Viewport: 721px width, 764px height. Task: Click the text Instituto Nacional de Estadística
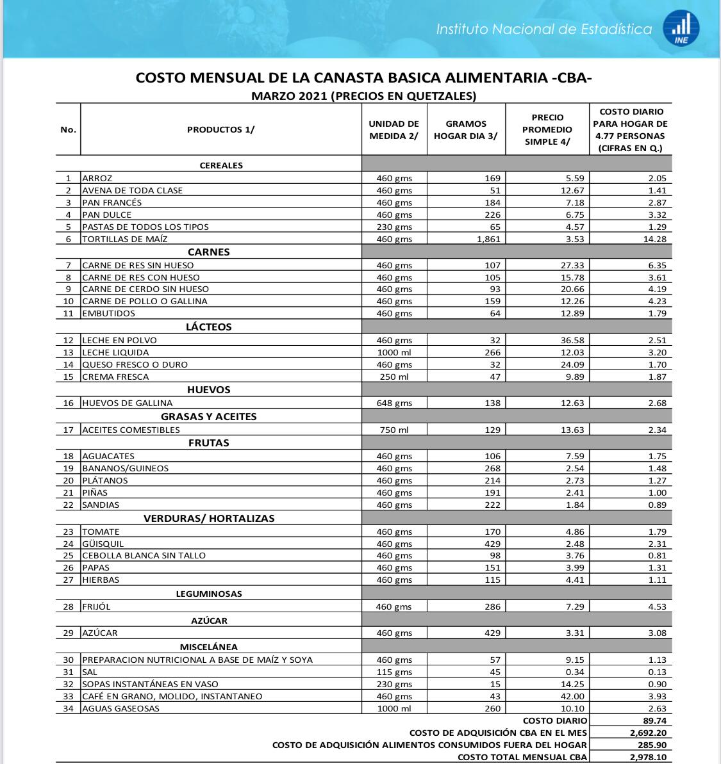click(544, 29)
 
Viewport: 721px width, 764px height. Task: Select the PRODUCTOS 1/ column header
click(220, 129)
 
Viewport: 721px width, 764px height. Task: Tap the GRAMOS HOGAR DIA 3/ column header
click(465, 129)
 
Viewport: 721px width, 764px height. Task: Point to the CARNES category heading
click(208, 252)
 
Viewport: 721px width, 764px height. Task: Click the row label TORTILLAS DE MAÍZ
click(125, 239)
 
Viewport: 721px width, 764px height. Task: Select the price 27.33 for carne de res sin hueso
click(570, 264)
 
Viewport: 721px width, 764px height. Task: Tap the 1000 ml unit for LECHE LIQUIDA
click(394, 352)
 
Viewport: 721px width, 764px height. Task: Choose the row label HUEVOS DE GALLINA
click(127, 403)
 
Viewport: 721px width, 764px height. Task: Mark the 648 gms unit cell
click(394, 403)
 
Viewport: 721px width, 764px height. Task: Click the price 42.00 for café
click(570, 696)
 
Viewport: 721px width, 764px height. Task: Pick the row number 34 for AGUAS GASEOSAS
click(69, 708)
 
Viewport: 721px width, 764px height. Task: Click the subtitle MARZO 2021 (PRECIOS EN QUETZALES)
click(363, 97)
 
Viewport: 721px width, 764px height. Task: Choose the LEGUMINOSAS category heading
click(209, 594)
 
